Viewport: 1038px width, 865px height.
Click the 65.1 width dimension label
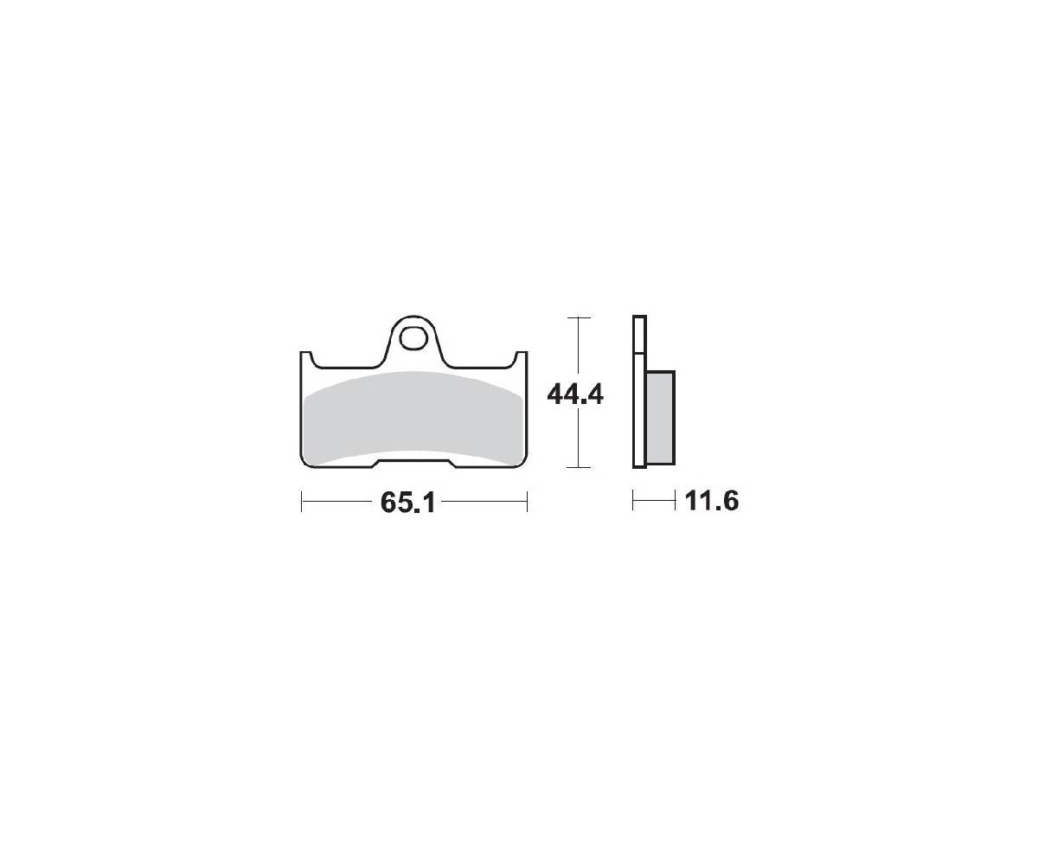pyautogui.click(x=407, y=502)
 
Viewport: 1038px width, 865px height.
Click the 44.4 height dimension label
pyautogui.click(x=575, y=395)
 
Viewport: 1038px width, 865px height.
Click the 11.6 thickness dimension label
pyautogui.click(x=711, y=501)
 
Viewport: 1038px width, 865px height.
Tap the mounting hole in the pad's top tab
pyautogui.click(x=413, y=340)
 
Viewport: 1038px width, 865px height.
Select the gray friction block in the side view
pyautogui.click(x=660, y=418)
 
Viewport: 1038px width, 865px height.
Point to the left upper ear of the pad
pyautogui.click(x=305, y=359)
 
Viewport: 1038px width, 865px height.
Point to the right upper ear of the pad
pyautogui.click(x=521, y=359)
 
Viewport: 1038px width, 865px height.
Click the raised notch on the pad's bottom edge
pyautogui.click(x=413, y=462)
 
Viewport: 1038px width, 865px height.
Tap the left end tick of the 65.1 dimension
pyautogui.click(x=301, y=502)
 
